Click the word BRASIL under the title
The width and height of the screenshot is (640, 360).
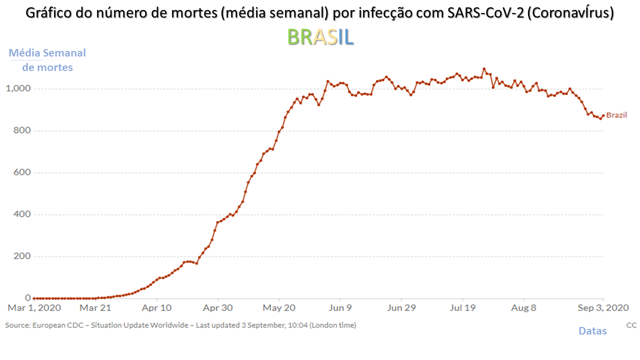[x=320, y=36]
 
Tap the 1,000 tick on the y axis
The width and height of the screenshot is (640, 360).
[x=18, y=88]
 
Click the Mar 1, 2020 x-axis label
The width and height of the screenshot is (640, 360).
[x=34, y=308]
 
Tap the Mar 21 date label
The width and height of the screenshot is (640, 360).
[x=95, y=308]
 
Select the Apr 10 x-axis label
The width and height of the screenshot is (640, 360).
[x=157, y=308]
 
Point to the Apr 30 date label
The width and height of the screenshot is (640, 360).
[x=218, y=308]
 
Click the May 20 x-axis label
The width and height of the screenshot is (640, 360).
[x=279, y=308]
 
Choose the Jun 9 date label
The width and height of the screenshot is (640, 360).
[x=340, y=308]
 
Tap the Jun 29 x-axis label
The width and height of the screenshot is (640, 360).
[x=402, y=308]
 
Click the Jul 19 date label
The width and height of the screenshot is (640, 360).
[x=463, y=308]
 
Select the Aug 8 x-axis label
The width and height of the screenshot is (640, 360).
[x=524, y=308]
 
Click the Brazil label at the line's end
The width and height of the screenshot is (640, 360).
[x=616, y=115]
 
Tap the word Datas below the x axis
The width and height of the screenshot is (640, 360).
[x=592, y=331]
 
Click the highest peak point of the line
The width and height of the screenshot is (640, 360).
[x=484, y=69]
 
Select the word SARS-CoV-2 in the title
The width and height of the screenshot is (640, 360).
[x=483, y=13]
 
